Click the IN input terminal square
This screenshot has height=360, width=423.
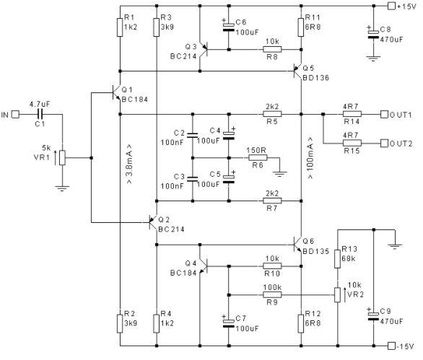point(16,115)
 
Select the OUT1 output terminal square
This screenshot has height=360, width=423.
point(384,114)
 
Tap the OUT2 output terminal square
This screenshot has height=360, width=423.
point(384,143)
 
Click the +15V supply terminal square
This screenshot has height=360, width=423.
point(391,6)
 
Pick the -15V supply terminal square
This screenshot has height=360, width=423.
point(391,346)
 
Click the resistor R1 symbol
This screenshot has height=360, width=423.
point(120,27)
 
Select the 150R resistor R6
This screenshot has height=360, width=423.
point(258,158)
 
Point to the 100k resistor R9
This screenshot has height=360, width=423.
point(272,295)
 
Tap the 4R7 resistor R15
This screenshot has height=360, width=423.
point(352,143)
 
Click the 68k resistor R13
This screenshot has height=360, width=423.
point(337,259)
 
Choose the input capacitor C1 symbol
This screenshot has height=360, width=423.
point(40,114)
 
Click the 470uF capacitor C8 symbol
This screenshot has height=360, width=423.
point(373,35)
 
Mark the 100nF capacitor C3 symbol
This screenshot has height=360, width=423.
point(193,179)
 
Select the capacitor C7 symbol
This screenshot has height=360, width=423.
point(229,323)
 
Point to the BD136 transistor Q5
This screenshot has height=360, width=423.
point(297,71)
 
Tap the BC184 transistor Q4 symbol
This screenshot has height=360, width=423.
point(204,266)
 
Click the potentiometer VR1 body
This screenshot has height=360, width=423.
point(62,158)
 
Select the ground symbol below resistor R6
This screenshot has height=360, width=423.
point(280,173)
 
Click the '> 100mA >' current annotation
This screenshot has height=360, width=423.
point(310,158)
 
